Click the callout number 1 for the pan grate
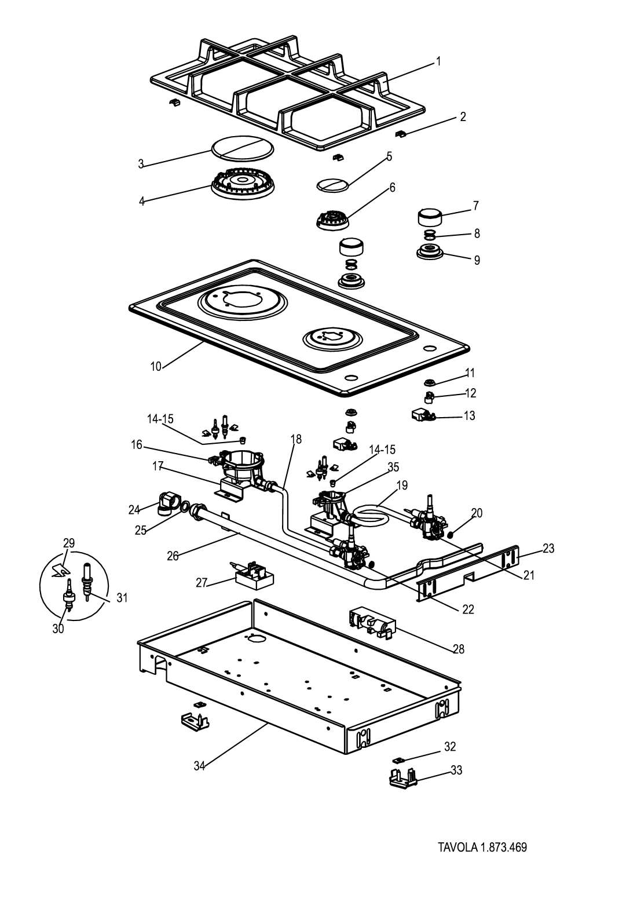pos(438,61)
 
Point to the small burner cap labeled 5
pos(333,184)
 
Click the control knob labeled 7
pos(430,218)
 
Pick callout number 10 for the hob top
pos(156,366)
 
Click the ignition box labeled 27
pos(253,575)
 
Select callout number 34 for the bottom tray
pos(199,765)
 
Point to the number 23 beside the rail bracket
pos(548,548)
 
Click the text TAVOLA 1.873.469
pos(482,848)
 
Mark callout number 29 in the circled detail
pos(69,543)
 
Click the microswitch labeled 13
pos(423,415)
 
